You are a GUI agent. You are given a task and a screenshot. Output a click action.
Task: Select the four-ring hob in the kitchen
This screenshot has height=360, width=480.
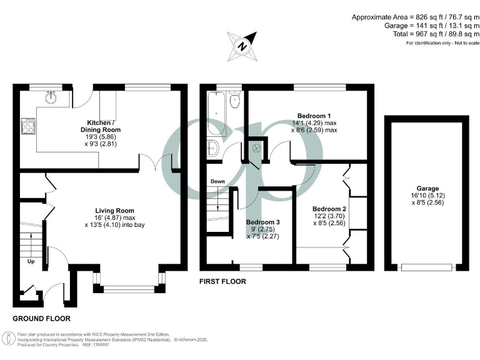point(29,126)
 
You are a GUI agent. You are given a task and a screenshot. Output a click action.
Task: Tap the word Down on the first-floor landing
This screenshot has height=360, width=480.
point(217,182)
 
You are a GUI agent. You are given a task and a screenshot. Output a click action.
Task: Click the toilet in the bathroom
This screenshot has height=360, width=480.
point(234,101)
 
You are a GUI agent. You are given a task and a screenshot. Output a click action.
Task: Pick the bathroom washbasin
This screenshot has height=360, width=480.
point(211,148)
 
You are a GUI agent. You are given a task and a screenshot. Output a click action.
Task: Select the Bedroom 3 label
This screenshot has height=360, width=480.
point(262,222)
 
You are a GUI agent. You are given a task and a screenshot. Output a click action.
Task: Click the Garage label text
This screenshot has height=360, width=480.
point(427,188)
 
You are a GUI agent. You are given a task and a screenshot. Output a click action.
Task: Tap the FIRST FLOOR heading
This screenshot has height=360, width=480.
point(222,281)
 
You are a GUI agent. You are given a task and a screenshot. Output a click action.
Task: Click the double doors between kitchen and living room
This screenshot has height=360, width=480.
point(154,165)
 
